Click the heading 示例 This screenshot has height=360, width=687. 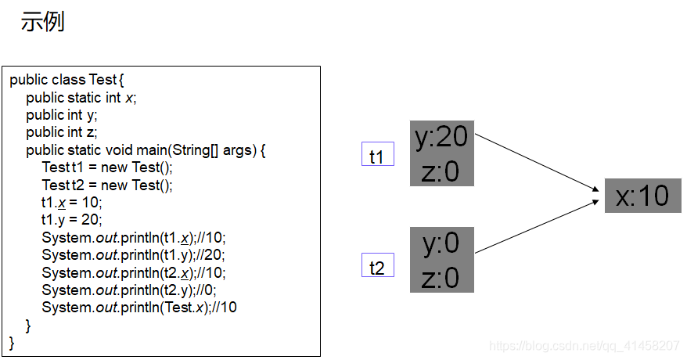[x=42, y=21]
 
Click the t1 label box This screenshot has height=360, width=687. [x=377, y=156]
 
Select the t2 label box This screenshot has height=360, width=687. [x=377, y=267]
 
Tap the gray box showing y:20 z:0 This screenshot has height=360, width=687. [x=441, y=153]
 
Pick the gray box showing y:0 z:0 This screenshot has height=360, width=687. [x=441, y=261]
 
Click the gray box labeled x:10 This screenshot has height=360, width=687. [x=642, y=196]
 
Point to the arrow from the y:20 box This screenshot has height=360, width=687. [x=536, y=161]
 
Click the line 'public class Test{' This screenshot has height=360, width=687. [x=67, y=80]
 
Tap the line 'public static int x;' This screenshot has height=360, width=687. [x=81, y=98]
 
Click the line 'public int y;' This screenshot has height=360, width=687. [x=62, y=115]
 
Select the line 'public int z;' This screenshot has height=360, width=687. [x=62, y=132]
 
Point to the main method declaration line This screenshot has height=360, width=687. [x=146, y=150]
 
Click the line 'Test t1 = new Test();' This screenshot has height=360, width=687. [x=107, y=167]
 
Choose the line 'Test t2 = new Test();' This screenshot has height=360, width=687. [x=107, y=185]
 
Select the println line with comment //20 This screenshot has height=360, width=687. [x=134, y=254]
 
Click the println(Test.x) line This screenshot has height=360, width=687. [x=139, y=307]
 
